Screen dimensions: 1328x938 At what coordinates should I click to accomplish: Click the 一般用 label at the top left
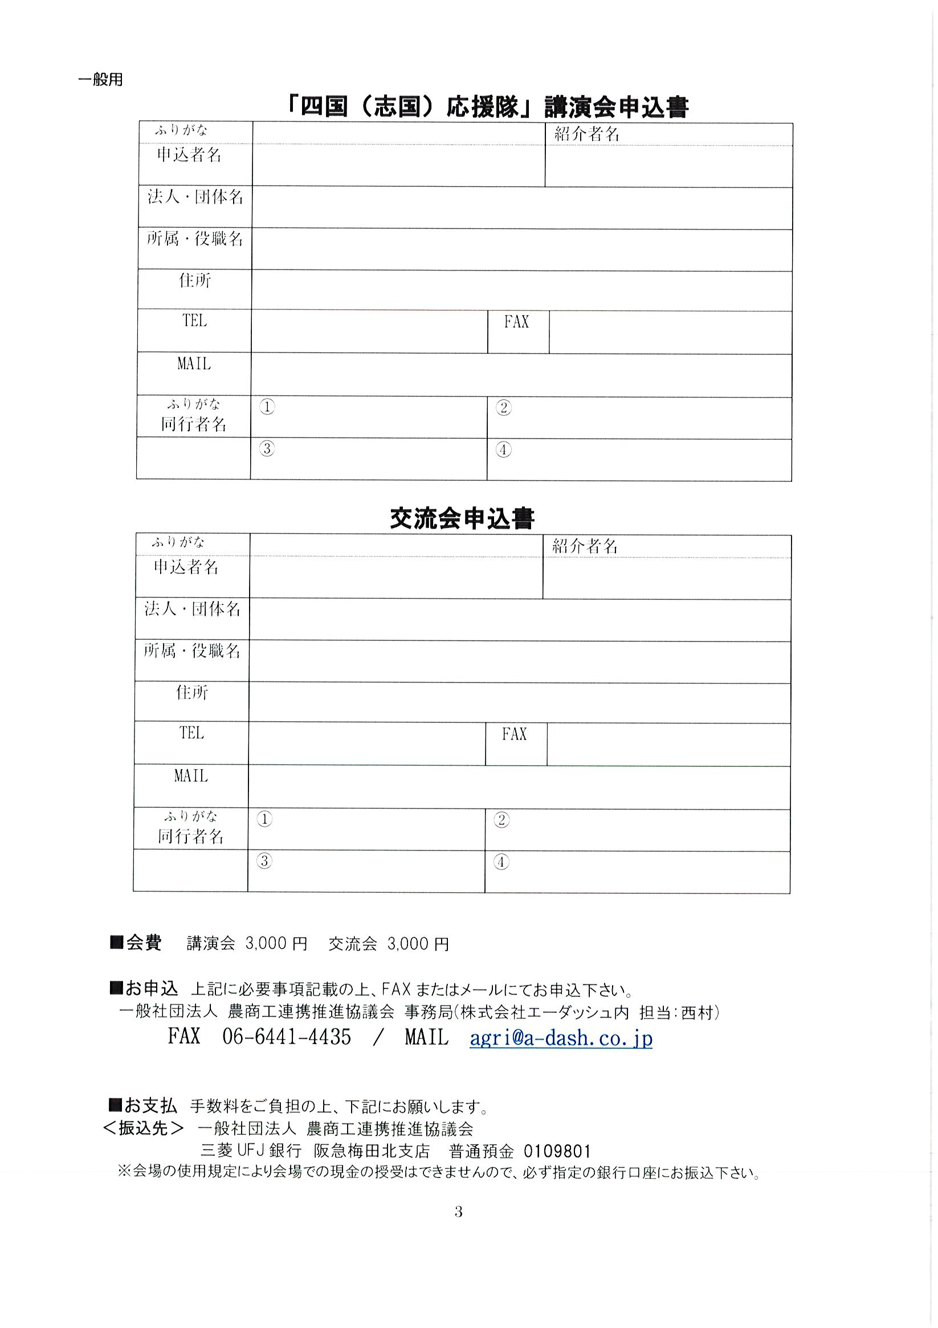tap(100, 79)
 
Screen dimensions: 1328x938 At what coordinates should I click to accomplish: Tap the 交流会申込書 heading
tap(462, 518)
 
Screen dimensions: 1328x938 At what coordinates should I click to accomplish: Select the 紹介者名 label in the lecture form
tap(587, 134)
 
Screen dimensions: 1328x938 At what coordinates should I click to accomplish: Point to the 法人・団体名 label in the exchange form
tap(192, 608)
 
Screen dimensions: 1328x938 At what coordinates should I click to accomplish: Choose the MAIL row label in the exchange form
tap(191, 775)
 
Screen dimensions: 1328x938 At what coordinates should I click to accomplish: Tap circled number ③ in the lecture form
tap(267, 448)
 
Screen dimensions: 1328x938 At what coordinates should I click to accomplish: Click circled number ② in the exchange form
tap(501, 820)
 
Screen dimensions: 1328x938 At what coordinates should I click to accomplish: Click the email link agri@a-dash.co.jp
tap(561, 1037)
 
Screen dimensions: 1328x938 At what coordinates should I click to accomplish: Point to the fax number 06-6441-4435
tap(287, 1036)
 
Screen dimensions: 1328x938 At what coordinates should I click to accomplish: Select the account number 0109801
tap(557, 1150)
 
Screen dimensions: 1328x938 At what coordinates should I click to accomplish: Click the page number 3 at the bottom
tap(458, 1211)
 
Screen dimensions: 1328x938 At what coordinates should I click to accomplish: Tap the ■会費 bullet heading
tap(136, 942)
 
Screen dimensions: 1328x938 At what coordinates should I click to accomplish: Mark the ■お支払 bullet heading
tap(143, 1105)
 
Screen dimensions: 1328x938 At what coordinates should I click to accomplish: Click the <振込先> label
tap(144, 1128)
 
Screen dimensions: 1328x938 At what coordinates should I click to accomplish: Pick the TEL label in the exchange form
tap(191, 733)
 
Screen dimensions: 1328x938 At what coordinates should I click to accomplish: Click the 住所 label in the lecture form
tap(194, 280)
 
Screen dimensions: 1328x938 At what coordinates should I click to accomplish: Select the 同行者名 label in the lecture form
tap(193, 424)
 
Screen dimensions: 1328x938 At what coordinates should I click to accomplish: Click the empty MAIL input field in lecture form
tap(521, 375)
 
